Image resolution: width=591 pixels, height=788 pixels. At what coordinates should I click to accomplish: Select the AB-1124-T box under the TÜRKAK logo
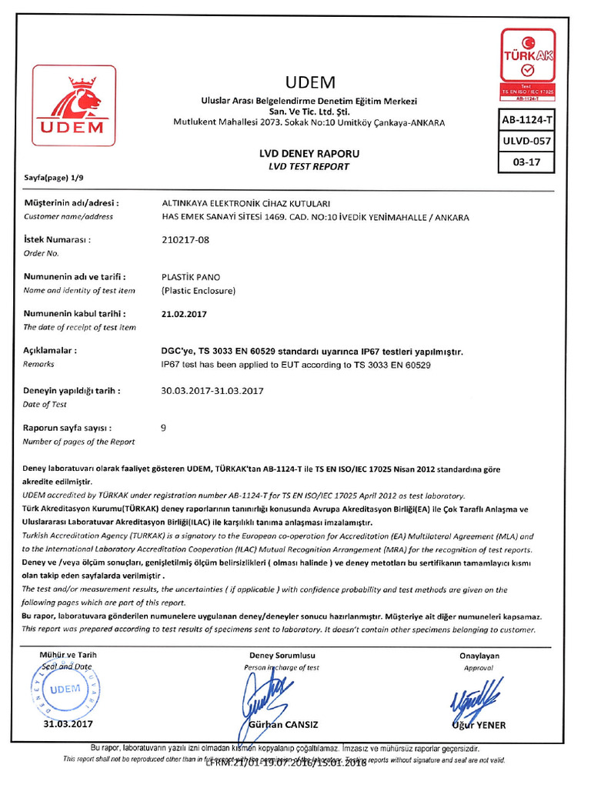(527, 120)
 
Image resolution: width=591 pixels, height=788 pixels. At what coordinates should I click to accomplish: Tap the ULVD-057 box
(527, 142)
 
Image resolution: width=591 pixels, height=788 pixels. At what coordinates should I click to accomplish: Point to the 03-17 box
(527, 163)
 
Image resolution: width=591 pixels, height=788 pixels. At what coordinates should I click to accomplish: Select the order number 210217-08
(185, 239)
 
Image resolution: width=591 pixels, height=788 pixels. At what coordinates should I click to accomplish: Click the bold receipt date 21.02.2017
(184, 314)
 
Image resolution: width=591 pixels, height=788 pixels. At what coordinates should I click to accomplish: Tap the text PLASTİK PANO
(188, 276)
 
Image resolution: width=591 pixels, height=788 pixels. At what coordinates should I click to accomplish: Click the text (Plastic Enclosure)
(198, 291)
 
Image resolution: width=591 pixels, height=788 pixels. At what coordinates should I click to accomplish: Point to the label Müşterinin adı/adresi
(71, 203)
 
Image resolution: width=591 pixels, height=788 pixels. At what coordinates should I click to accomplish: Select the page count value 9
(163, 427)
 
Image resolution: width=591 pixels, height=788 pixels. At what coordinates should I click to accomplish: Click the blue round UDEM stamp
(65, 689)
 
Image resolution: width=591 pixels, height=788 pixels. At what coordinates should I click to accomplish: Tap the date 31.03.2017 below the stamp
(68, 724)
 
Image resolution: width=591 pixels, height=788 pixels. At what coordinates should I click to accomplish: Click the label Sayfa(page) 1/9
(52, 178)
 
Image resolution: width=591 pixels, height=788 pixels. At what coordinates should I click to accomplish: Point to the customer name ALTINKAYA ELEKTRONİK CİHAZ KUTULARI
(245, 203)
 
